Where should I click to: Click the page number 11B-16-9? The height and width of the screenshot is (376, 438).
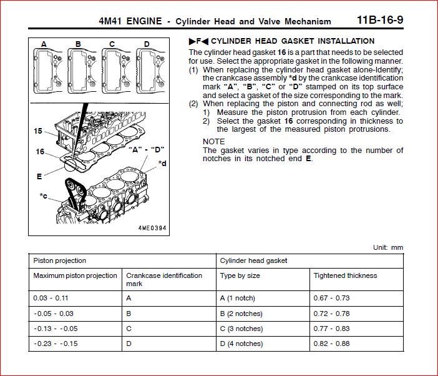[x=380, y=20]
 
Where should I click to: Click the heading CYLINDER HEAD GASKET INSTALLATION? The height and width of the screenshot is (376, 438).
[x=293, y=41]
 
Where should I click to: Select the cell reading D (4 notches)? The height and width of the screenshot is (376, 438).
[x=241, y=344]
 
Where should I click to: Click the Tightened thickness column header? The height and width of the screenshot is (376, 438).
[x=345, y=275]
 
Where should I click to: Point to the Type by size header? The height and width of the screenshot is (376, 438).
[x=240, y=275]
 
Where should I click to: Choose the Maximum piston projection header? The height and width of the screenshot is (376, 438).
[x=75, y=275]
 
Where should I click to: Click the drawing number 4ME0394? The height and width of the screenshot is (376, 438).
[x=153, y=229]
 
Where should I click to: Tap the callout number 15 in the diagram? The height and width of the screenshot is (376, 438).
[x=39, y=131]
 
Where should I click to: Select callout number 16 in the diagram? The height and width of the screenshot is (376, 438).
[x=40, y=152]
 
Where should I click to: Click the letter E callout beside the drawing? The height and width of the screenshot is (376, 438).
[x=39, y=177]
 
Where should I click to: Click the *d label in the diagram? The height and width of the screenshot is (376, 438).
[x=162, y=164]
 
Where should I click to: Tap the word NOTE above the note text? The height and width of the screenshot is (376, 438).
[x=213, y=142]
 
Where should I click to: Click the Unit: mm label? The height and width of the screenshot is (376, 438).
[x=388, y=247]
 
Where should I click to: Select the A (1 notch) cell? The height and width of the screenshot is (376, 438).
[x=238, y=299]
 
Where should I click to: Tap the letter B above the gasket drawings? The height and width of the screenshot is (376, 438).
[x=78, y=44]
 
